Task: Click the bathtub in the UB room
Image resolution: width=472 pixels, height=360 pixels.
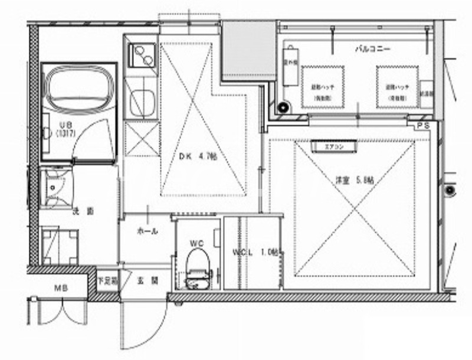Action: point(79,89)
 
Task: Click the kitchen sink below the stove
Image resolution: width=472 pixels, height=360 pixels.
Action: point(142,102)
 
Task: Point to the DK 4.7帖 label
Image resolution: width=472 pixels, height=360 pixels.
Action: point(198,156)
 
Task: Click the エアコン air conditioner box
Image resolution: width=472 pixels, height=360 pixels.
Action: point(338,146)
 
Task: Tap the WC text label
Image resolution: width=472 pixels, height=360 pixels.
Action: point(196,242)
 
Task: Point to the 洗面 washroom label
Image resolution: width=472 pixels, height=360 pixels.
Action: point(78,211)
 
